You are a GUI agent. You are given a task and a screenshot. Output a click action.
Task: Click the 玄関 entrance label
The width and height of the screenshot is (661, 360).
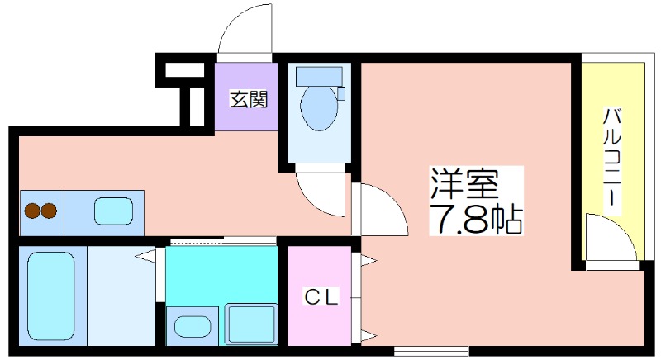pos(249,100)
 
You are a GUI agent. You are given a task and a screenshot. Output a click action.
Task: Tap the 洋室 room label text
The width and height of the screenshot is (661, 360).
pos(464,184)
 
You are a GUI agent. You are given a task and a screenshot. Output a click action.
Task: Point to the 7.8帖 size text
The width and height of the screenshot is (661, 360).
pos(476,219)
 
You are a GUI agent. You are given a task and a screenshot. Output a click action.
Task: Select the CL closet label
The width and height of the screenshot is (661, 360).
pos(321,298)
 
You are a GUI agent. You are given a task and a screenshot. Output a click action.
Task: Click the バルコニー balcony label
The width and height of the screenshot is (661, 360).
pos(612,158)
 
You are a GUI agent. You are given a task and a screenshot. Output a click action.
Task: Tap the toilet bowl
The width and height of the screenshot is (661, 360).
pos(319,108)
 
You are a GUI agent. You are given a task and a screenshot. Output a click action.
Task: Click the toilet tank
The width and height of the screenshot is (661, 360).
pos(319,76)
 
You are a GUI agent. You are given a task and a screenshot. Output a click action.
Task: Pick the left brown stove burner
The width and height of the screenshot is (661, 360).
pos(32,211)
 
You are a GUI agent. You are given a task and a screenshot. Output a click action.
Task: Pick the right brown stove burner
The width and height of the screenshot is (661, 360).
pos(49,211)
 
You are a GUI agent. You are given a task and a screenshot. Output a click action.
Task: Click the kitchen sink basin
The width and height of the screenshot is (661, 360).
pos(114,211)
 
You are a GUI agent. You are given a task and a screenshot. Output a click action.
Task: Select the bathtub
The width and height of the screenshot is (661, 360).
pos(51,296)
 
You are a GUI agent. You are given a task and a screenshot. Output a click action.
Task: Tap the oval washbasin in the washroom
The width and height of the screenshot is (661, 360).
pos(193,327)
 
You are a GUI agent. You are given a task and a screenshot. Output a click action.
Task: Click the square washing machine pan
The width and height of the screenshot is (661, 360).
pos(251,324)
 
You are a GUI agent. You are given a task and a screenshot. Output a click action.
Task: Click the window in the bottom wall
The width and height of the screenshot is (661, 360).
pos(431,350)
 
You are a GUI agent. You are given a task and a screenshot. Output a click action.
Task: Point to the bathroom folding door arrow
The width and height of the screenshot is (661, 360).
pos(146,256)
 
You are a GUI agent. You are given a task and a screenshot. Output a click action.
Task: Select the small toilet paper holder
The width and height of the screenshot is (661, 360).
pos(341,93)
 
